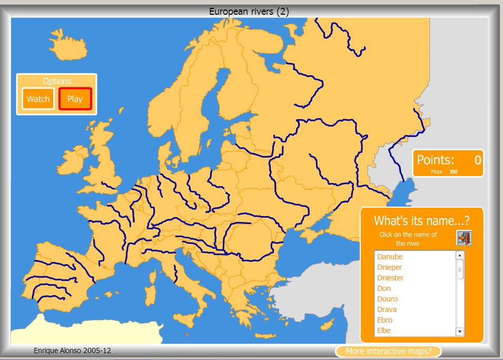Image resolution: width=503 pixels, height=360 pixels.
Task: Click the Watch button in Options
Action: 38,99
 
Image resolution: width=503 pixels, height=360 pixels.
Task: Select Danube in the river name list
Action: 390,257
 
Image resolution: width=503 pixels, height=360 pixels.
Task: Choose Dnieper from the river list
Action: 389,267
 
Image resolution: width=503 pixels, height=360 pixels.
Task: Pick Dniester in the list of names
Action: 390,278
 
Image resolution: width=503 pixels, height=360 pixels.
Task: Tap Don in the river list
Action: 384,288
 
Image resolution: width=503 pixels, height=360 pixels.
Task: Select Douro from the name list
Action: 387,299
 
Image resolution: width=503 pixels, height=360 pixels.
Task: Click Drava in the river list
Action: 387,309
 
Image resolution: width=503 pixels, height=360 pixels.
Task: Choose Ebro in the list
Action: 384,320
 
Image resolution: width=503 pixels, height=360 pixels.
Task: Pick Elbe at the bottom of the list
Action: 384,330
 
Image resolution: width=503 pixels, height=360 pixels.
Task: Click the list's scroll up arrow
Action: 459,255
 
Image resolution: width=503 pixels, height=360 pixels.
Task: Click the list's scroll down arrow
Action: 459,332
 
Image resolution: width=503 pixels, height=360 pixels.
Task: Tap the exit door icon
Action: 463,238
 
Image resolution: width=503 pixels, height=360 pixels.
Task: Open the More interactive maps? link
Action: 388,351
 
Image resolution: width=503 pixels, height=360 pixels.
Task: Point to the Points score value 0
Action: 478,160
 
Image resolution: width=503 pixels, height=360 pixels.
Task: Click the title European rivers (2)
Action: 249,12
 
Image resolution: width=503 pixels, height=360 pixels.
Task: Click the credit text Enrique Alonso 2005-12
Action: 72,351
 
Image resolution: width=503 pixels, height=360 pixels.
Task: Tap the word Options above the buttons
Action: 57,81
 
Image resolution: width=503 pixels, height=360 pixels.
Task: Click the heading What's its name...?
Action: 421,220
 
